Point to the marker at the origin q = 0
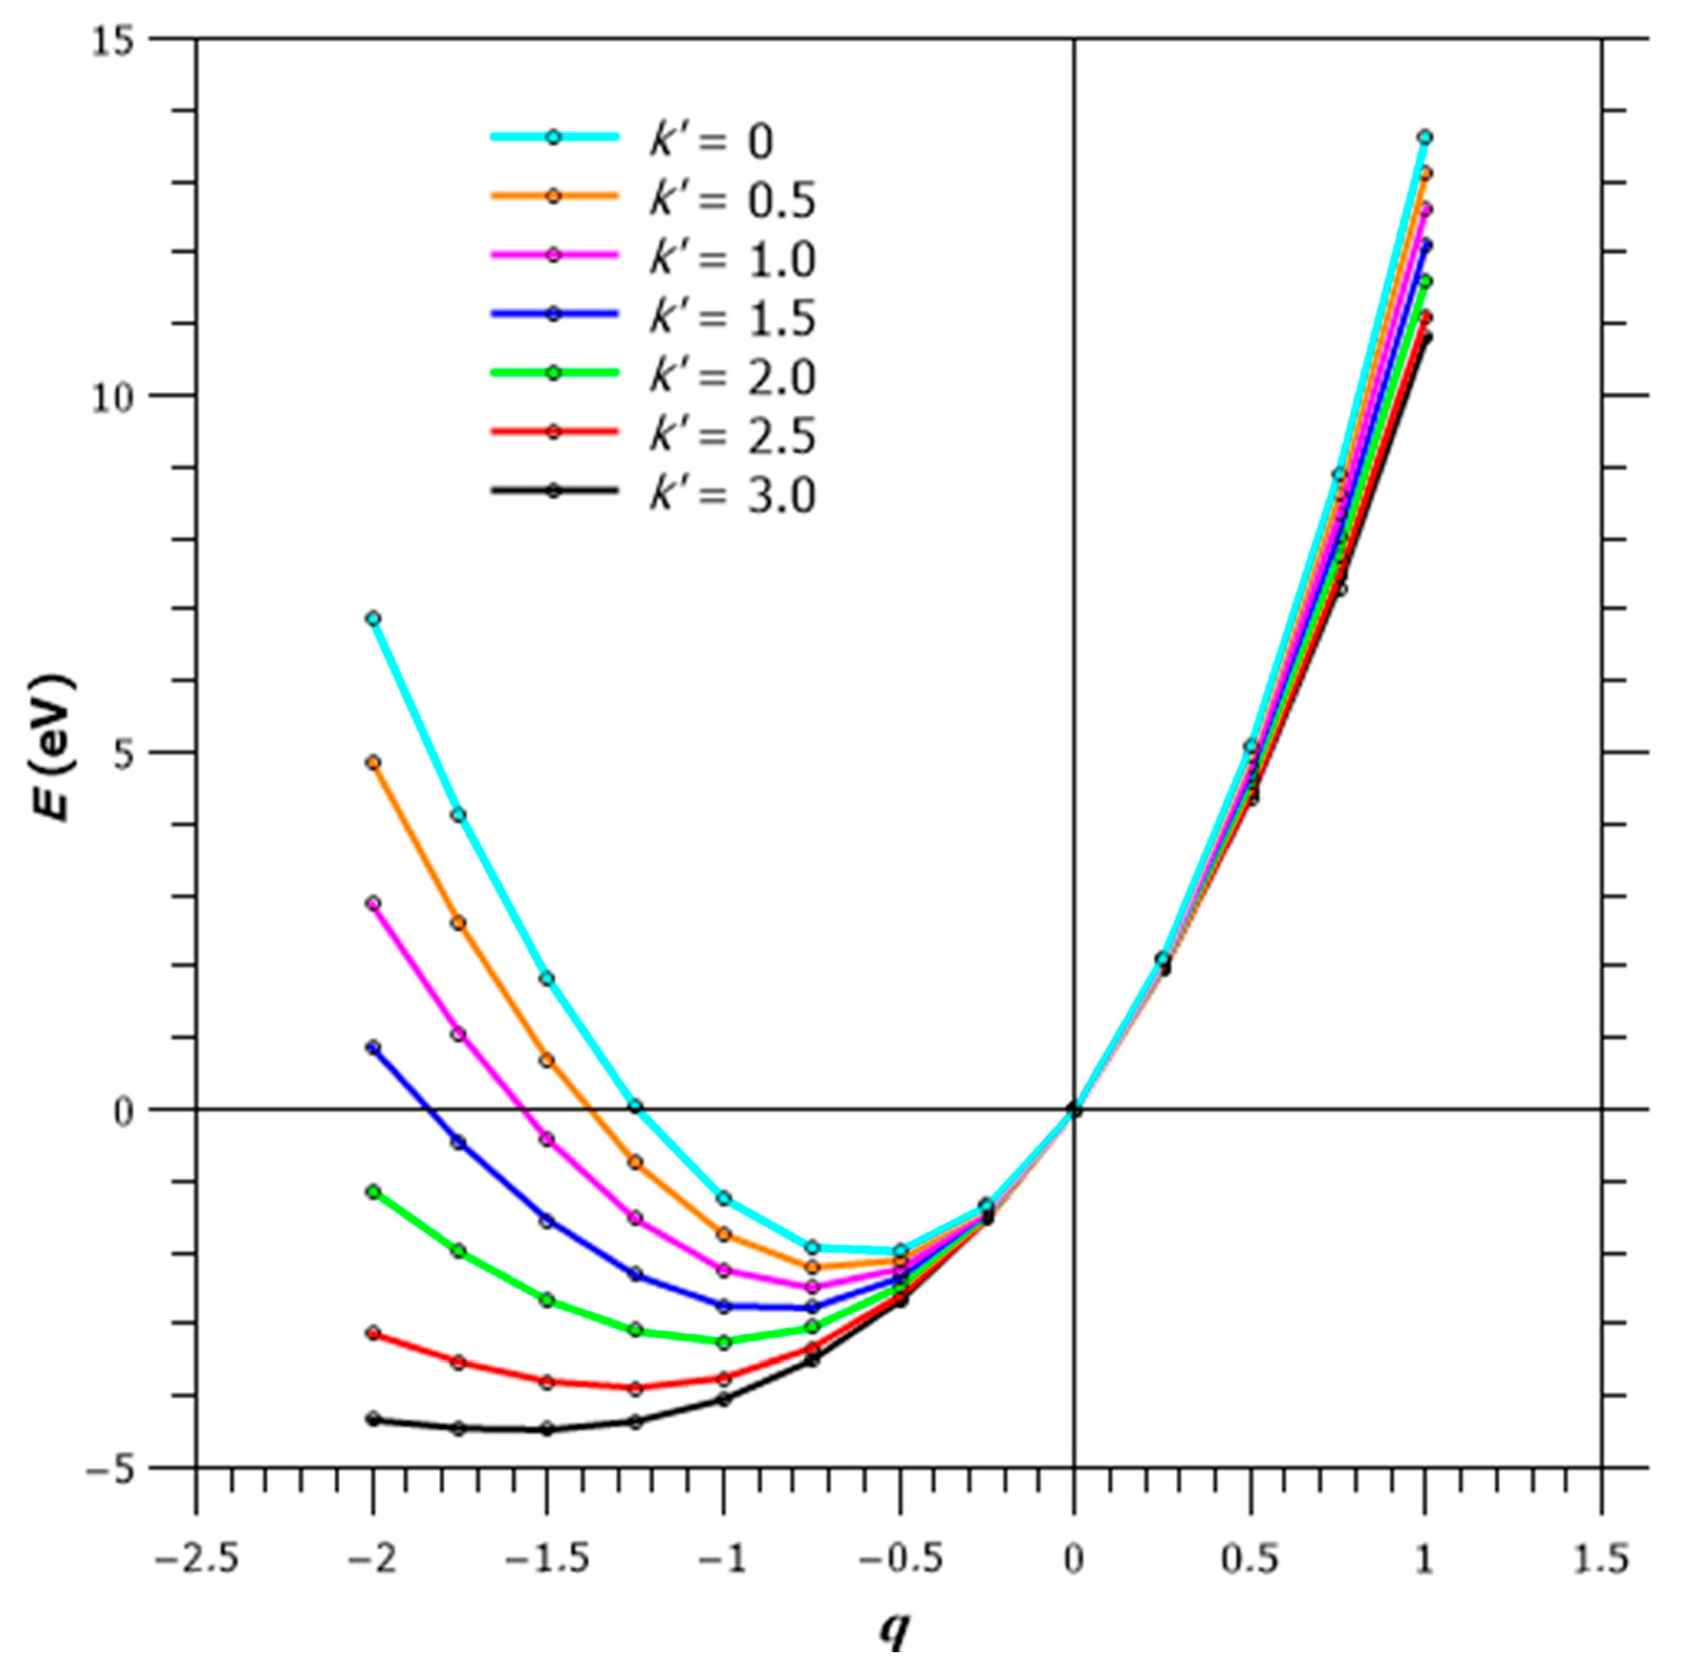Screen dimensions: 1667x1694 click(1074, 1110)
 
